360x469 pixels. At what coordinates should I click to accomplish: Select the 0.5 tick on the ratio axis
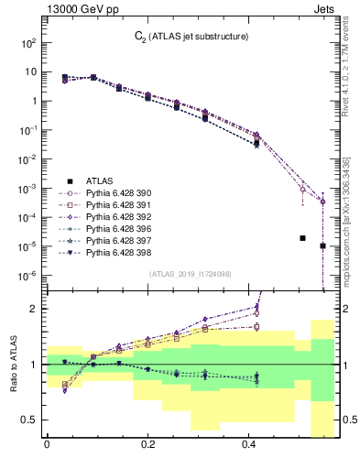tap(29, 420)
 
